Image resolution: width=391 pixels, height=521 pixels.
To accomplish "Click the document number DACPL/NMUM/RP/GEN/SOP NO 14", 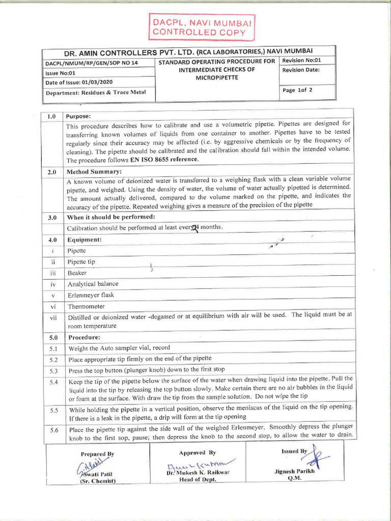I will [92, 63].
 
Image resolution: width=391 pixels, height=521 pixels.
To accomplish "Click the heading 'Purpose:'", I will [78, 117].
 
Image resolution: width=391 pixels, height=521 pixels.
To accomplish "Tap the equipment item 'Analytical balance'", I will [93, 284].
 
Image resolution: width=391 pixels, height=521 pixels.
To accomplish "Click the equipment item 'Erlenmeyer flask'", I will [91, 295].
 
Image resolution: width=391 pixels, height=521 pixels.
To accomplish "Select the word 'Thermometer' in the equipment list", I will [86, 306].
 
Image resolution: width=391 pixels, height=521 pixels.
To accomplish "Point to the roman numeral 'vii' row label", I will [52, 317].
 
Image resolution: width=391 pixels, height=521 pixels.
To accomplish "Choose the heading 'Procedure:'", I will [84, 337].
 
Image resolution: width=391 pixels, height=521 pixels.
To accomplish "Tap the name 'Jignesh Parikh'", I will [295, 471].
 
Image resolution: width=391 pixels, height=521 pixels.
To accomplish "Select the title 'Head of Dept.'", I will [196, 479].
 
